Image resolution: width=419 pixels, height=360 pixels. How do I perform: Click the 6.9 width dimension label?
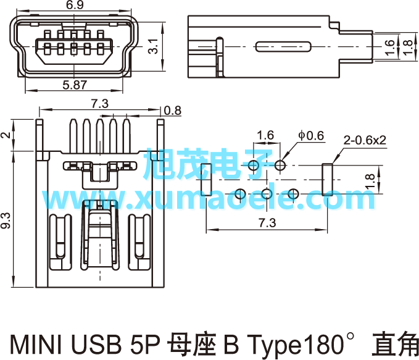click(75, 5)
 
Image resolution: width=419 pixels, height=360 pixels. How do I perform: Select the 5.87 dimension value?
click(75, 85)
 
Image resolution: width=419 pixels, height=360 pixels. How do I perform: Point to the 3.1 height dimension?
click(154, 46)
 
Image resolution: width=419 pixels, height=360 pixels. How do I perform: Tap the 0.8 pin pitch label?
click(173, 111)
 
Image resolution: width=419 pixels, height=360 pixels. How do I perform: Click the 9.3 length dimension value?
click(6, 220)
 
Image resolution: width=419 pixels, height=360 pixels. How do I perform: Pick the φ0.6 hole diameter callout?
click(311, 136)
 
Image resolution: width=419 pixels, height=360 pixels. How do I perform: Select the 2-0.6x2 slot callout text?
click(365, 140)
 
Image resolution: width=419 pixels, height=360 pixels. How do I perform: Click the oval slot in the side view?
click(283, 46)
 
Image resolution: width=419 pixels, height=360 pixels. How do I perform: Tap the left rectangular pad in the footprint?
click(206, 180)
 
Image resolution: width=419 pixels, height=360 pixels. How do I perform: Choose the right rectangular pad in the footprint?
click(327, 180)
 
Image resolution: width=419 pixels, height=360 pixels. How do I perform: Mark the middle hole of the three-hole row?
click(267, 194)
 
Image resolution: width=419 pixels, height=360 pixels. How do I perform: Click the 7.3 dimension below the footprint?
click(267, 223)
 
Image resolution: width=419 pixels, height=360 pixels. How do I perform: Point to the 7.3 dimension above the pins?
click(100, 104)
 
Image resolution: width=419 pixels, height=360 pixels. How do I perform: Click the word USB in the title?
click(96, 344)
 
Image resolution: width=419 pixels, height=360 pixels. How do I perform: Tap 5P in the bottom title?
click(146, 344)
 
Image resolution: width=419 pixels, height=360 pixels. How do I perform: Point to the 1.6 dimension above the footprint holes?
click(265, 135)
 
